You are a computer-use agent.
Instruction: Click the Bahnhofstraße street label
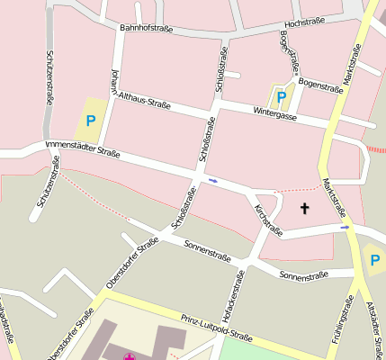(x=146, y=29)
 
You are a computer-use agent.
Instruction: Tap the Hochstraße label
(x=303, y=22)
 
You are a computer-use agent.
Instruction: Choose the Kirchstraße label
(x=268, y=220)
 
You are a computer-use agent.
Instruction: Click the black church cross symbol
(x=304, y=209)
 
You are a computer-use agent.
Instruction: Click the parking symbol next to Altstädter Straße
(x=374, y=260)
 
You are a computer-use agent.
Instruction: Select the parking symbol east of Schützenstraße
(x=90, y=120)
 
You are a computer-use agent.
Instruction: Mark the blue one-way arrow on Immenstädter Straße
(x=213, y=181)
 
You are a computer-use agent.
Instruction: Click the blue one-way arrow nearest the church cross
(x=345, y=228)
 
